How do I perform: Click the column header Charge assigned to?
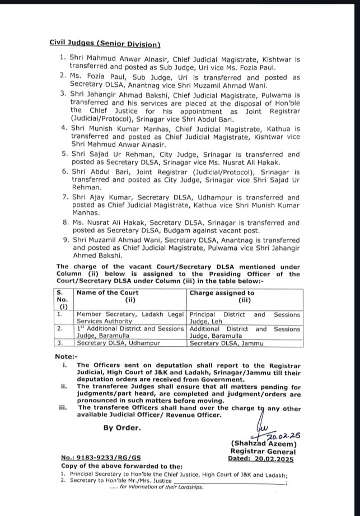click(x=222, y=292)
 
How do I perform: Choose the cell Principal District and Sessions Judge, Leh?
click(x=245, y=318)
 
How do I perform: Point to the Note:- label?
click(x=66, y=356)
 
